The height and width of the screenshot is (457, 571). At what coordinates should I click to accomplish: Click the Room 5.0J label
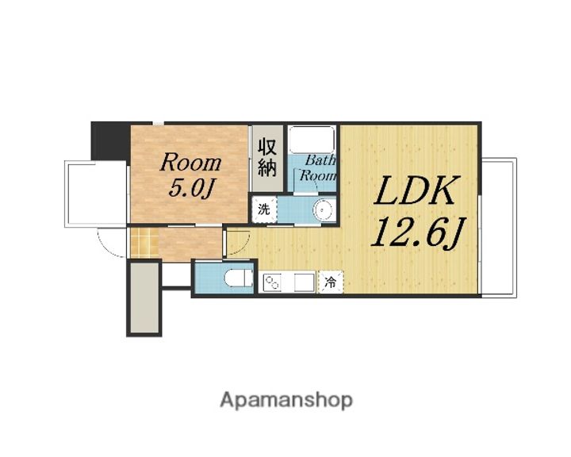[x=190, y=175]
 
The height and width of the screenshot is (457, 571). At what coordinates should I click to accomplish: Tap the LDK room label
[x=416, y=190]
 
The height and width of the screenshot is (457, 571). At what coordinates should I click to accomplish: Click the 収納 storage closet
[x=267, y=158]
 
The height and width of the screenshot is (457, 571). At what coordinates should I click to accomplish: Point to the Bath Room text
[x=317, y=168]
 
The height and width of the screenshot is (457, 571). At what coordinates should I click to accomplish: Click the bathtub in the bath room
[x=312, y=140]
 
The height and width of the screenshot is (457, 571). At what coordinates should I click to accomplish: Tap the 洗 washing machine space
[x=263, y=209]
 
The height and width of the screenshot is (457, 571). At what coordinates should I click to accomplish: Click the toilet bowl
[x=239, y=278]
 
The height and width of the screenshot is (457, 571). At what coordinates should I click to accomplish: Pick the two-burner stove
[x=272, y=282]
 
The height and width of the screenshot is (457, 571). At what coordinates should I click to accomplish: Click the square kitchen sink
[x=305, y=282]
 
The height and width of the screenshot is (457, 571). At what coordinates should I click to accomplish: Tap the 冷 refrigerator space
[x=331, y=282]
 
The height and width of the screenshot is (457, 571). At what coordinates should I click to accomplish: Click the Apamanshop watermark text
[x=286, y=401]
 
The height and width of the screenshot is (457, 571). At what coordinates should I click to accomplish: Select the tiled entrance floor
[x=144, y=242]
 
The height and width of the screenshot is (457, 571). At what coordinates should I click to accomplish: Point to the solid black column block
[x=109, y=140]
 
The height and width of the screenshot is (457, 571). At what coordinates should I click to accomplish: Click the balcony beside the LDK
[x=498, y=227]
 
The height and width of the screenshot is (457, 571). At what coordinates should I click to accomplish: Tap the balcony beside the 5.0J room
[x=96, y=194]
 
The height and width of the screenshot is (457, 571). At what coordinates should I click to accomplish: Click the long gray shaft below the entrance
[x=144, y=298]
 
